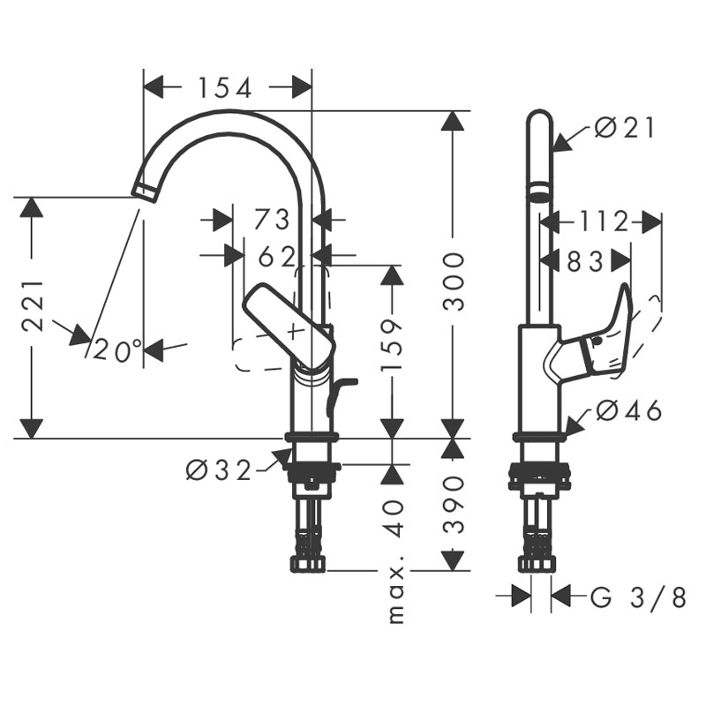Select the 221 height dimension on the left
34,306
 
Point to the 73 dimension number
271,220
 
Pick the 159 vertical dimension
391,345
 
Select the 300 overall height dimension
453,282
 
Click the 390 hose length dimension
453,505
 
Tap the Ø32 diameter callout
218,471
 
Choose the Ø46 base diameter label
628,410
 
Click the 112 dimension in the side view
603,222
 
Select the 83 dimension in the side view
584,261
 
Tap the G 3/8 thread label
638,597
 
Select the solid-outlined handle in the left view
289,325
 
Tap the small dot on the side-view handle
597,342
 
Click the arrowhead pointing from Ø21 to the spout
561,141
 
